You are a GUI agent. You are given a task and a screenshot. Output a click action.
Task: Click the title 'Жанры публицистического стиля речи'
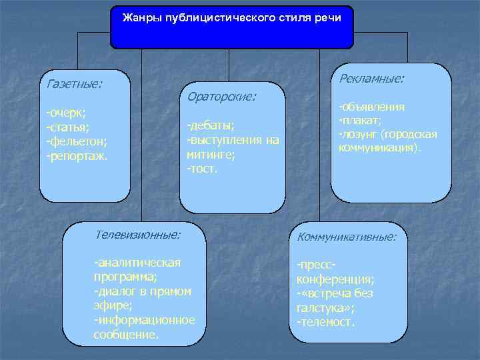(231, 17)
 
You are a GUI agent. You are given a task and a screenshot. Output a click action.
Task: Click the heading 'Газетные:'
(73, 85)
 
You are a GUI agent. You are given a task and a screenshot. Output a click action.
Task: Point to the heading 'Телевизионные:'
(137, 235)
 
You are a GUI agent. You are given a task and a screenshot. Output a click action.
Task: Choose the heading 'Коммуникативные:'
(346, 237)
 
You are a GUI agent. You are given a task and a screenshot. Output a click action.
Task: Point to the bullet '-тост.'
(203, 169)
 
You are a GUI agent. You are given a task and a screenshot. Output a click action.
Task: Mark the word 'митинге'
(207, 155)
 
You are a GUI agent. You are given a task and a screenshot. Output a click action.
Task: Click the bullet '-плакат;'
(360, 121)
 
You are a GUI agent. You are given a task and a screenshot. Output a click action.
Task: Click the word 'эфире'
(111, 305)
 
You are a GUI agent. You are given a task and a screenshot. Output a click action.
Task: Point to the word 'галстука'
(321, 308)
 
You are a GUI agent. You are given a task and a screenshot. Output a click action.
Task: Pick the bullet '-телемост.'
(326, 323)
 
